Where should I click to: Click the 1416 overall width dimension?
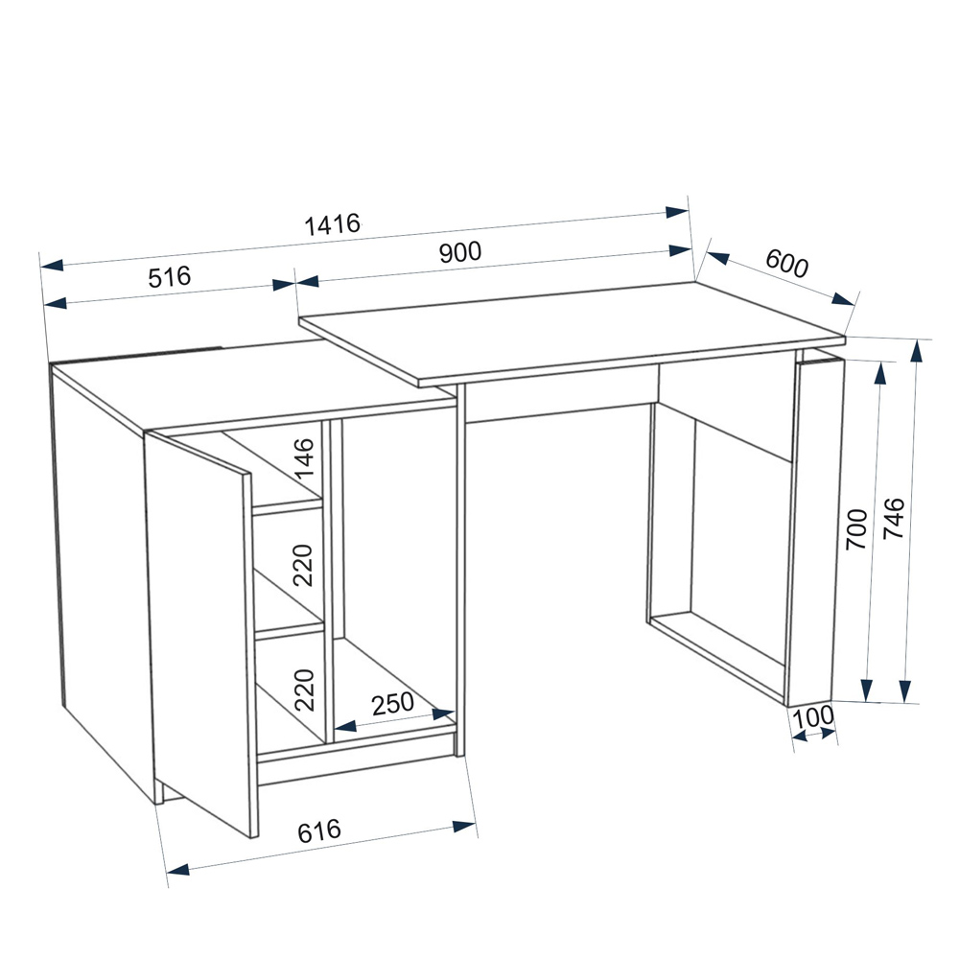(x=333, y=224)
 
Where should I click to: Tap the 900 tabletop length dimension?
(x=460, y=252)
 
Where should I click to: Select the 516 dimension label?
(x=170, y=276)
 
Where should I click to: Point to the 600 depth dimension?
(x=787, y=263)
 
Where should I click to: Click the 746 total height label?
(x=894, y=518)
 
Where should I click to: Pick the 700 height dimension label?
(x=856, y=529)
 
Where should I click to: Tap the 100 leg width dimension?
(x=813, y=716)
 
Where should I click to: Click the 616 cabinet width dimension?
(x=318, y=830)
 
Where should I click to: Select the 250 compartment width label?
(x=392, y=704)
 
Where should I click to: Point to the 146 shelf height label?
(x=303, y=458)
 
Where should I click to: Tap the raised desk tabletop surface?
(x=572, y=334)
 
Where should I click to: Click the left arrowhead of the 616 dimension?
(x=178, y=869)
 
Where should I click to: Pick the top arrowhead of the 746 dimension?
(x=916, y=352)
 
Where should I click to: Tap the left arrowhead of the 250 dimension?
(x=345, y=726)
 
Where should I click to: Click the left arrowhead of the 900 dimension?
(x=308, y=281)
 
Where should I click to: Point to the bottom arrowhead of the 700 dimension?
(x=866, y=690)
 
